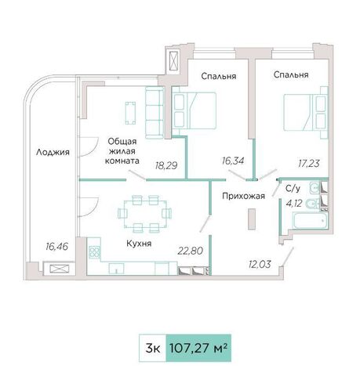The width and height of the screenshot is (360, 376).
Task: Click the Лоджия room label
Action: pyautogui.click(x=53, y=152)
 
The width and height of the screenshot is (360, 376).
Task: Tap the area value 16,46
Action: pyautogui.click(x=56, y=246)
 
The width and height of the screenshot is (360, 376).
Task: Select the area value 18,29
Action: pyautogui.click(x=166, y=165)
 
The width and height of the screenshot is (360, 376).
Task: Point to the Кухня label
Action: pyautogui.click(x=139, y=244)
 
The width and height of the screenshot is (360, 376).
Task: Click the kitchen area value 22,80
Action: pyautogui.click(x=191, y=251)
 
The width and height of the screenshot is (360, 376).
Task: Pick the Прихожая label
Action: pyautogui.click(x=244, y=196)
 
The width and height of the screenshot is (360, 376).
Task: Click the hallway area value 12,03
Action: pyautogui.click(x=260, y=265)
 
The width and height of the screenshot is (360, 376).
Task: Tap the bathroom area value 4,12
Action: pyautogui.click(x=294, y=203)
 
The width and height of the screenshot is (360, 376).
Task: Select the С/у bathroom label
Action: pyautogui.click(x=293, y=188)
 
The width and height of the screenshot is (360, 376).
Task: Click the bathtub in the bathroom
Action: pyautogui.click(x=311, y=220)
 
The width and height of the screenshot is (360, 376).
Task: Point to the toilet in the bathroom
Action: pyautogui.click(x=312, y=204)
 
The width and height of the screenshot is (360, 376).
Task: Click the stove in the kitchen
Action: pyautogui.click(x=94, y=252)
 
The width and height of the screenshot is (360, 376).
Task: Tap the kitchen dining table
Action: pyautogui.click(x=145, y=214)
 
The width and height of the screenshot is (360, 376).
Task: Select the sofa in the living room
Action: pyautogui.click(x=155, y=113)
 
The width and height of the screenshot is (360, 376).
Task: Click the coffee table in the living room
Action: pyautogui.click(x=130, y=113)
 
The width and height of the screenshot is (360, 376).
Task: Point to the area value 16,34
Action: pyautogui.click(x=233, y=161)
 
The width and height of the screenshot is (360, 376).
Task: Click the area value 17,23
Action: pyautogui.click(x=309, y=164)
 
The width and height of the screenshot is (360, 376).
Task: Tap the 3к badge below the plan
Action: pyautogui.click(x=153, y=348)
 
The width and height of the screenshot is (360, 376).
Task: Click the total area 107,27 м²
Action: pyautogui.click(x=198, y=348)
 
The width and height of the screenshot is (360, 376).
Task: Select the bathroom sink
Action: pyautogui.click(x=315, y=187)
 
